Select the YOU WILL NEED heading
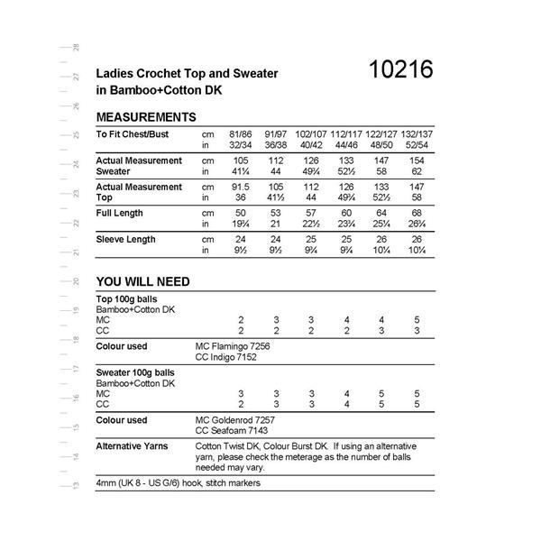[x=142, y=281]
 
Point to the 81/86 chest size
[x=241, y=133]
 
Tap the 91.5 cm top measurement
[x=241, y=187]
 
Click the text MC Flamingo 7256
[x=233, y=346]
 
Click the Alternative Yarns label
[x=134, y=447]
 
